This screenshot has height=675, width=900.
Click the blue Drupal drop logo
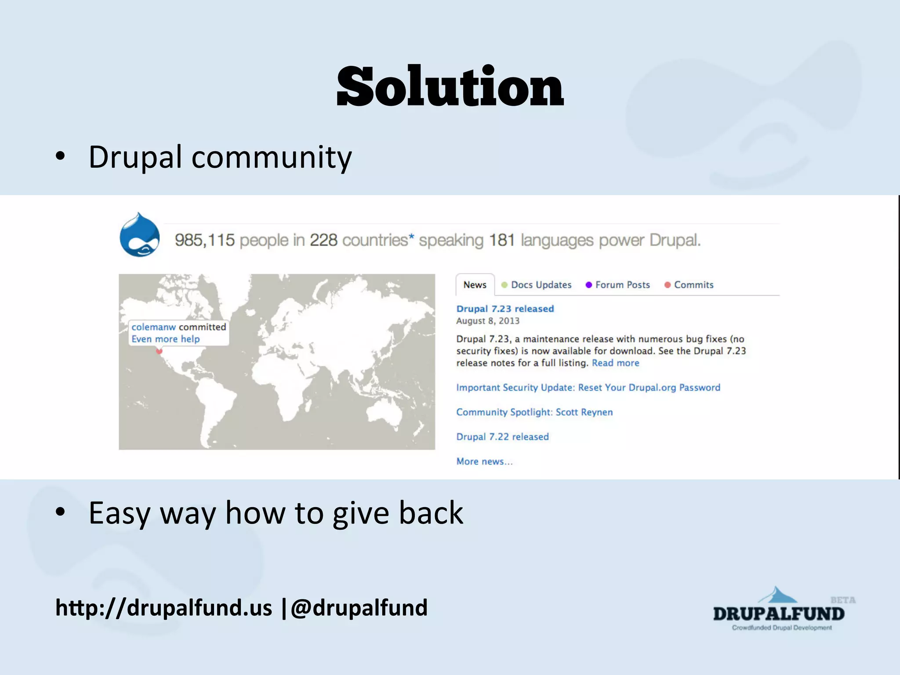tap(140, 235)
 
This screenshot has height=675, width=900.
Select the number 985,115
tap(205, 240)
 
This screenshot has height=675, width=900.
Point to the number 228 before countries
tap(323, 240)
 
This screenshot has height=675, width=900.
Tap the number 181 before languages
tap(502, 240)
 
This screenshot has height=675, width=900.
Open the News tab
tap(475, 285)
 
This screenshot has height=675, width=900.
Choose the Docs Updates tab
tap(541, 285)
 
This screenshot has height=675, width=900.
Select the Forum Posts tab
tap(622, 285)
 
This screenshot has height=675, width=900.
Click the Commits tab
tap(693, 285)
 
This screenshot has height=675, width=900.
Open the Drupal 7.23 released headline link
tap(505, 309)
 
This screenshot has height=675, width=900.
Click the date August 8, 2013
tap(488, 321)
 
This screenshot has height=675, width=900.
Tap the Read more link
tap(615, 363)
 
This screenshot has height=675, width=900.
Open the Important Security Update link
tap(588, 388)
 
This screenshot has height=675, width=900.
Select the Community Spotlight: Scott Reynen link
tap(534, 412)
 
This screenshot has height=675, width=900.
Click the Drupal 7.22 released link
tap(502, 437)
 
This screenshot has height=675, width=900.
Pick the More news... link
tap(484, 461)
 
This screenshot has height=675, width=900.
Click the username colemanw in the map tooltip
tap(153, 327)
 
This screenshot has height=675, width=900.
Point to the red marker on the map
tap(159, 351)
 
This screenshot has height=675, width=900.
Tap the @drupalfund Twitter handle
tap(359, 608)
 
